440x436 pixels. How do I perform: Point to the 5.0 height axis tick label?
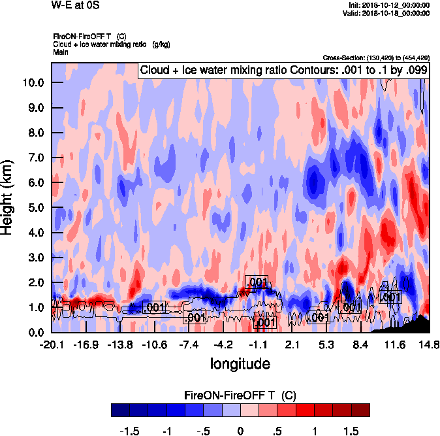pos(34,208)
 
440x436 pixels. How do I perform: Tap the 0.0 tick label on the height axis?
pos(34,333)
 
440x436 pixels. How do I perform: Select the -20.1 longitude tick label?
pos(52,344)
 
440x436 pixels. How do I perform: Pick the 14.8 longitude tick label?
pos(429,344)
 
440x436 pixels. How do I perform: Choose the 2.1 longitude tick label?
pos(292,344)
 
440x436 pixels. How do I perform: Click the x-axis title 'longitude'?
pos(240,363)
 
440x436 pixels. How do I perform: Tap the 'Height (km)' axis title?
pos(8,197)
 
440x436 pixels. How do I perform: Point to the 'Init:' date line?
pos(389,5)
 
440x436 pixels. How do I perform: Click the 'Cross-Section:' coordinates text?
pos(376,58)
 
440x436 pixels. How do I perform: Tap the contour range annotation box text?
pos(283,71)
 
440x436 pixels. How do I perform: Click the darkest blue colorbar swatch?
pos(120,410)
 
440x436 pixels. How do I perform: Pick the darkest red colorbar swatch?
pos(360,410)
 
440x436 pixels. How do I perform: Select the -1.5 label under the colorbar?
pos(130,431)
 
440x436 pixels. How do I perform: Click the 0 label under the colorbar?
pos(240,431)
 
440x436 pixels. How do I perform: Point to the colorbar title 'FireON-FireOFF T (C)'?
pos(240,395)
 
